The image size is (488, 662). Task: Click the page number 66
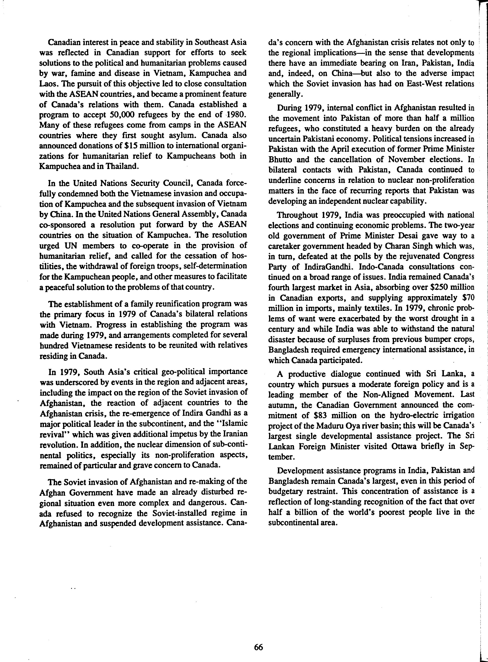[258, 647]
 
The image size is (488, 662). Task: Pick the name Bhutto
[280, 160]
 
